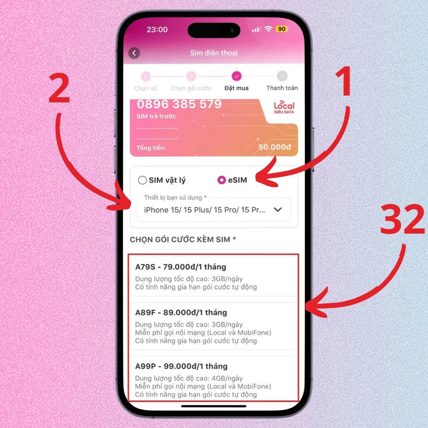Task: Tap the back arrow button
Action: [x=134, y=53]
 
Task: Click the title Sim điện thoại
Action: [x=214, y=53]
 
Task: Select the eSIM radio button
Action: [x=221, y=180]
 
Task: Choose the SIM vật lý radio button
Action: [x=142, y=180]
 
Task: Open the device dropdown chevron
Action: [x=277, y=210]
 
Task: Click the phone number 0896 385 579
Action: [x=179, y=104]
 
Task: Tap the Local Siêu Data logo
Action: [x=284, y=107]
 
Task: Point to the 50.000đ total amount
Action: [x=275, y=147]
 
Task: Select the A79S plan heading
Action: [x=180, y=267]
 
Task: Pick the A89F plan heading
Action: [x=181, y=312]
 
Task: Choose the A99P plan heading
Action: [x=181, y=366]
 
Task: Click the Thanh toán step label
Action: [x=282, y=88]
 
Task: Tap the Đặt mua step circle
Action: [x=236, y=76]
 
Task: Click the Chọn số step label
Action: [x=146, y=88]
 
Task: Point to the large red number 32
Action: [x=402, y=220]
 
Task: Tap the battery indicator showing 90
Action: [x=281, y=29]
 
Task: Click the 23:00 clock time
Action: [x=157, y=29]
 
